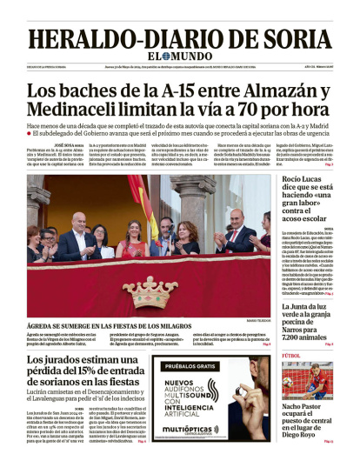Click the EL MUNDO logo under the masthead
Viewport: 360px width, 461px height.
point(179,59)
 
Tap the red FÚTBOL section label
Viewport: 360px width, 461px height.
point(292,355)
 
